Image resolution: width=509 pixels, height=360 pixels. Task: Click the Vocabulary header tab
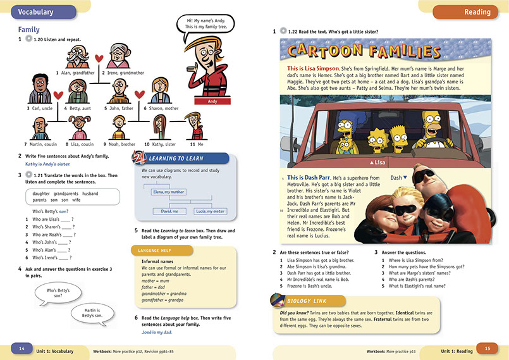click(36, 11)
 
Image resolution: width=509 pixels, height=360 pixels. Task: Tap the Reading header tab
click(467, 11)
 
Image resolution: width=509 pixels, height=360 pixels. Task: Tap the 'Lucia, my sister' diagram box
click(210, 211)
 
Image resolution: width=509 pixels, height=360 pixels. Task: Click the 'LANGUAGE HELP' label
click(151, 250)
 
